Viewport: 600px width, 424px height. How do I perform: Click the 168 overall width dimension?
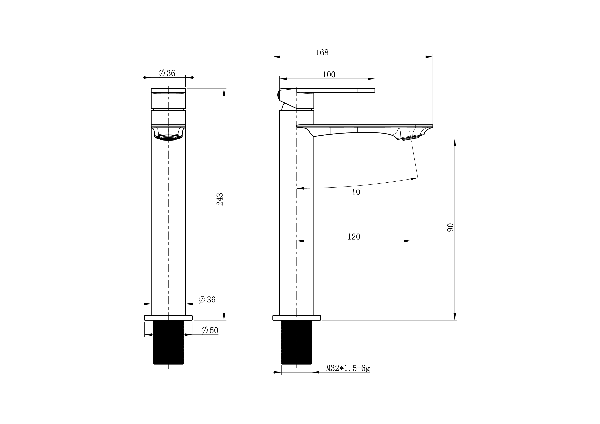[x=322, y=52]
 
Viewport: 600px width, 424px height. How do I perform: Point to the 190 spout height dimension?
[x=450, y=229]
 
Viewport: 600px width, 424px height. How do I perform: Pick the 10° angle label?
[x=357, y=191]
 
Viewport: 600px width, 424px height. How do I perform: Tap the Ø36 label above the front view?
[x=167, y=73]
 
